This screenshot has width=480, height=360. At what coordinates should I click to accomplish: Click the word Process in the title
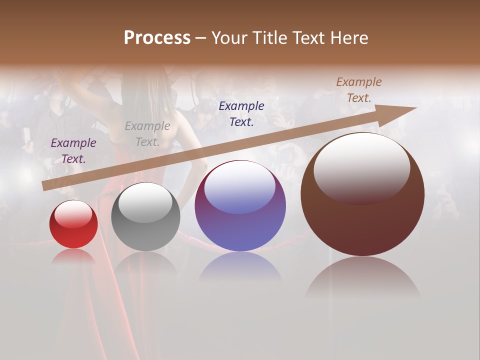click(x=157, y=38)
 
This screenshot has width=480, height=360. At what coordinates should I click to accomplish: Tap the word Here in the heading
click(x=347, y=38)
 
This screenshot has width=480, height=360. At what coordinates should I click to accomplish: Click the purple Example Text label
click(x=73, y=150)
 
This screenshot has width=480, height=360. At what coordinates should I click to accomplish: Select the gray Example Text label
click(x=147, y=133)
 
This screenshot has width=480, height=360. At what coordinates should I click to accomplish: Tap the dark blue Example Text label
click(x=241, y=113)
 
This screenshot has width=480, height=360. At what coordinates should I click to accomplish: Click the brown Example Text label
click(x=359, y=89)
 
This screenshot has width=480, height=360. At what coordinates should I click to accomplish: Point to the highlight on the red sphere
click(x=73, y=214)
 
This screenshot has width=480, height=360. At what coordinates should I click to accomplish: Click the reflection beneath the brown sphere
click(x=362, y=277)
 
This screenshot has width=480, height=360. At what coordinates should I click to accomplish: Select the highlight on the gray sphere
click(x=145, y=201)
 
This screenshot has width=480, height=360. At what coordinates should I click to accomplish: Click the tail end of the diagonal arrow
click(x=46, y=185)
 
